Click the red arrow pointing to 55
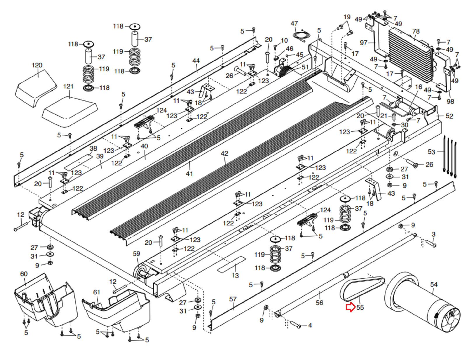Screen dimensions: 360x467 350,307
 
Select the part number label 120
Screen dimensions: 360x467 37,65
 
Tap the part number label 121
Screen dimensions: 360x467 68,86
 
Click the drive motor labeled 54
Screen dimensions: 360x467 423,304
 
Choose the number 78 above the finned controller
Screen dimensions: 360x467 416,31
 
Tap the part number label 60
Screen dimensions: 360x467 24,274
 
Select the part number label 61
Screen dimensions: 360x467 97,292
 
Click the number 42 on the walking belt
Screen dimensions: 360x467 224,153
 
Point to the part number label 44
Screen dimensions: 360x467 196,61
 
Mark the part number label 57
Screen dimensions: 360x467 233,299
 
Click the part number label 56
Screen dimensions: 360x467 320,303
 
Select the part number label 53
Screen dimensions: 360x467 431,152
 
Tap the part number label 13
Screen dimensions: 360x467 235,275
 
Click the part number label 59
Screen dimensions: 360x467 137,254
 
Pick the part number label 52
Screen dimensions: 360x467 449,116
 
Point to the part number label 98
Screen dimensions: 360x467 450,101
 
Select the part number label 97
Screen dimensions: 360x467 363,43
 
